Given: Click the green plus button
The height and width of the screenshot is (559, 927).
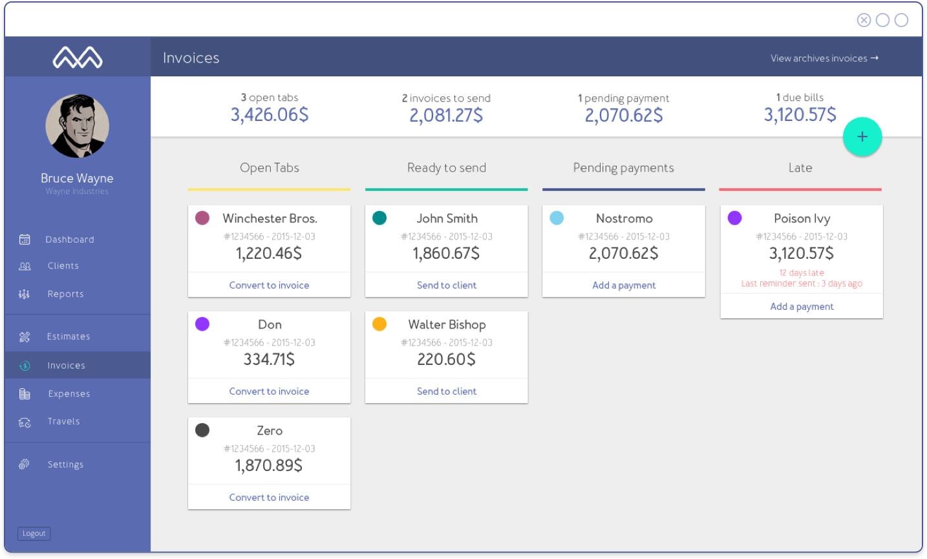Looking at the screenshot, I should tap(862, 137).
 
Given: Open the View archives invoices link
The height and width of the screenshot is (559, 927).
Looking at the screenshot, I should tap(824, 58).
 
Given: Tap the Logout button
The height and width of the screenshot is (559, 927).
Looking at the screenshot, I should tap(34, 533).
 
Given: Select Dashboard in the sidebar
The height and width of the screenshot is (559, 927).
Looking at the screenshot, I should tap(69, 239).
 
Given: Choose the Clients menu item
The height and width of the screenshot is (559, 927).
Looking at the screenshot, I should tap(63, 266).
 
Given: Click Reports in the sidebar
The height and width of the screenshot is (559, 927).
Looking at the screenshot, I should tap(65, 294).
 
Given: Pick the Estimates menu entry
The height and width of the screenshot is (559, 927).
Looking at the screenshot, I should tap(68, 336).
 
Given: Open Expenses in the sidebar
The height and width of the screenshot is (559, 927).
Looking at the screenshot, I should tap(69, 394).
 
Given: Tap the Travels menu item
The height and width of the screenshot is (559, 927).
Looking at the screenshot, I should tap(63, 421).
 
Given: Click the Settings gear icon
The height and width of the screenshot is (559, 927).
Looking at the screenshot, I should tap(25, 464).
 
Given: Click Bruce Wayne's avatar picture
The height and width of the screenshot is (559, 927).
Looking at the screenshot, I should tap(77, 126).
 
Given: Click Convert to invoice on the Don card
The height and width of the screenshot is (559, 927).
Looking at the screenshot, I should tap(269, 391).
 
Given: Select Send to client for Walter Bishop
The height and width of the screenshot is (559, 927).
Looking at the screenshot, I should tap(446, 391).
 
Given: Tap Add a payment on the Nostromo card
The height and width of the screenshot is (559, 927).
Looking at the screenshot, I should tap(624, 285).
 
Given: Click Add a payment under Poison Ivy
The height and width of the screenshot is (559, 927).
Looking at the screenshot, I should tap(802, 307).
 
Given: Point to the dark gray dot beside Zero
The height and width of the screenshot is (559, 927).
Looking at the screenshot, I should tap(202, 430).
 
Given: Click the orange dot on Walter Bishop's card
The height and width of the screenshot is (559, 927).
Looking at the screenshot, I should tap(379, 324).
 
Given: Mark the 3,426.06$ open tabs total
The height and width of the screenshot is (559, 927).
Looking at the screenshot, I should tap(270, 115).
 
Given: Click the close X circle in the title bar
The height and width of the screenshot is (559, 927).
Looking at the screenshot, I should tap(864, 20).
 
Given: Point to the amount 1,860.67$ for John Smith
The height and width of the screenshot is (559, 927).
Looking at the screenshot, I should tap(446, 254).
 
